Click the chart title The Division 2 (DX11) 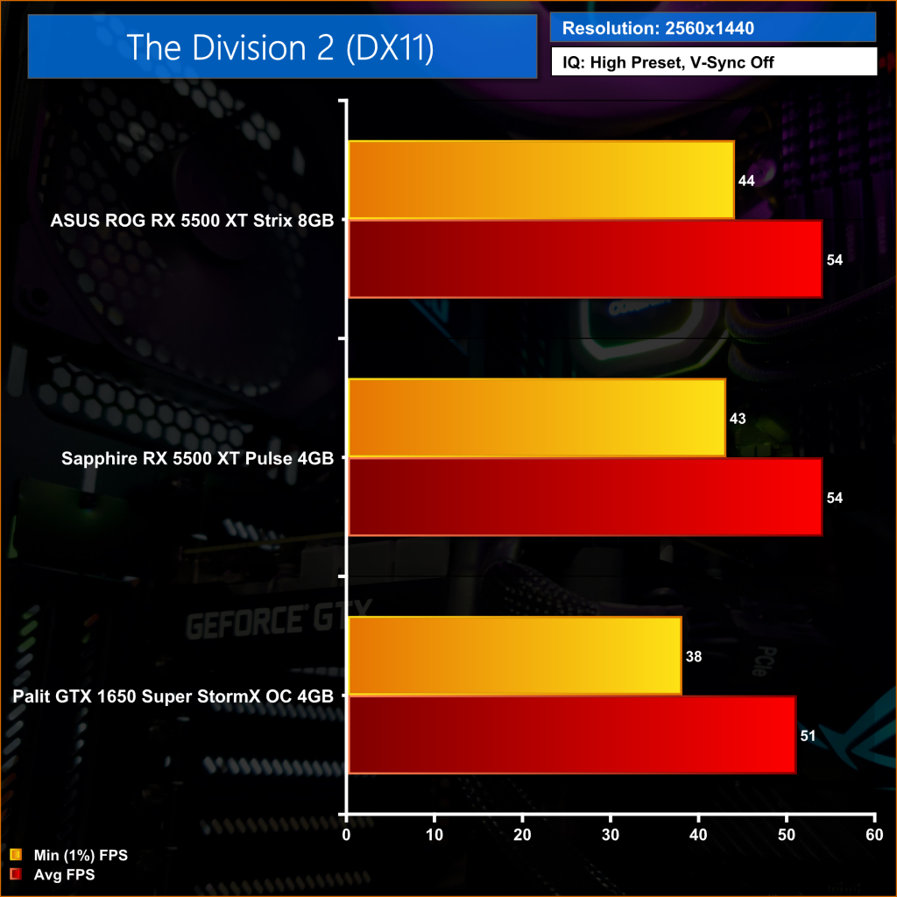(281, 47)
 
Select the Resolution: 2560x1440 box (713, 28)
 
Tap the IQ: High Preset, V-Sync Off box (713, 62)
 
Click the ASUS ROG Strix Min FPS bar (540, 180)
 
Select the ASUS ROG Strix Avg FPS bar (584, 259)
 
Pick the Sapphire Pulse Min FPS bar (536, 418)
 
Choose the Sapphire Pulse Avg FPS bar (584, 498)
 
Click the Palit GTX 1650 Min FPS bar (514, 656)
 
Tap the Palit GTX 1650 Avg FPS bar (571, 736)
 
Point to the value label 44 (746, 180)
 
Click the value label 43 (738, 419)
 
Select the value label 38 (694, 657)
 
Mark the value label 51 (808, 737)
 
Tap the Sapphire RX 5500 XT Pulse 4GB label (198, 458)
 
